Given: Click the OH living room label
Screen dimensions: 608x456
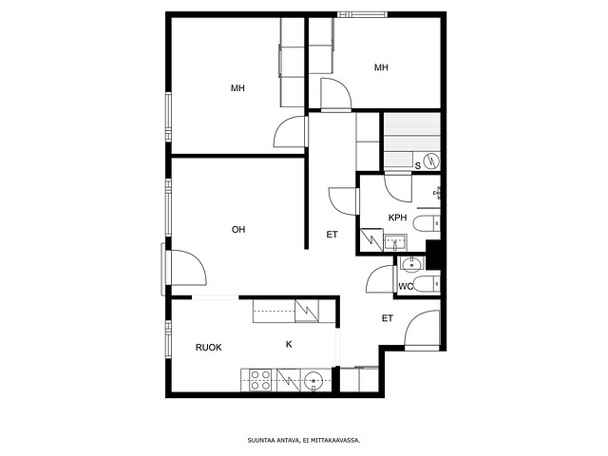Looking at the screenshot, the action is pos(238,230).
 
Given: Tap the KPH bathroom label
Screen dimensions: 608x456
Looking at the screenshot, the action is pos(397,218).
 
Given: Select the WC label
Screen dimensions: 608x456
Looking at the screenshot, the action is pos(406,287).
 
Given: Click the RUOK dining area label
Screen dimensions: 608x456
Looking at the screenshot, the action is pos(209,348).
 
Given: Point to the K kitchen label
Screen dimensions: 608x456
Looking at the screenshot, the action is pos(289,344).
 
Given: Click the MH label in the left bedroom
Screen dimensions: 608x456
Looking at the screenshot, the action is pos(237,88).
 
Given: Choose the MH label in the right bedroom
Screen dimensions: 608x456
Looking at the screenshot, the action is pos(381,67).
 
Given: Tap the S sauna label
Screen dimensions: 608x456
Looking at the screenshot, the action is pos(418,166).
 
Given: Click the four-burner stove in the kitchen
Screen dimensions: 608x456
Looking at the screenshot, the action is pos(260,380).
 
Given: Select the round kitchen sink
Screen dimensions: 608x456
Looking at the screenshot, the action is pos(313,380).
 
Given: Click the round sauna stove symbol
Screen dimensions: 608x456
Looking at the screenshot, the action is pos(431,161).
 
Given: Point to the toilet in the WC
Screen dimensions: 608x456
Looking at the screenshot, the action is pos(427,284).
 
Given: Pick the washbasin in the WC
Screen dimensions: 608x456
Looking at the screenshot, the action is pos(411,264).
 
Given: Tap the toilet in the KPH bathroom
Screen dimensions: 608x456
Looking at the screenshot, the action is pos(427,224).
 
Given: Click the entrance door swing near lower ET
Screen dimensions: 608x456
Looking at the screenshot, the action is pos(422,328).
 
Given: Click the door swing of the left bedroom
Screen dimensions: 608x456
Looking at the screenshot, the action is pos(289,131).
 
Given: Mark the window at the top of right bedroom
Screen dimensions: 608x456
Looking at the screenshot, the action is pos(362,15).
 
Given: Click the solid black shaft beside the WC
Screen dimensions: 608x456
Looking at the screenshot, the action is pos(433,255).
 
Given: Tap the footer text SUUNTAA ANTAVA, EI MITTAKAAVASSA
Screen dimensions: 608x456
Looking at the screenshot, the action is pos(304,441).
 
